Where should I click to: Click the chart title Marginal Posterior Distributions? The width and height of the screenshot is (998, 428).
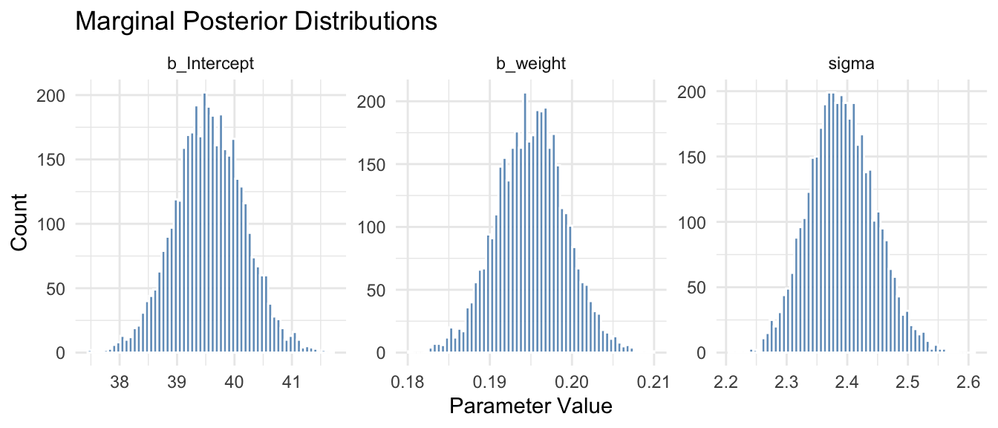[255, 22]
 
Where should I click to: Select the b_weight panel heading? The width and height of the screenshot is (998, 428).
[530, 64]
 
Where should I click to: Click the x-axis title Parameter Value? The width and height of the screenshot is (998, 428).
[531, 407]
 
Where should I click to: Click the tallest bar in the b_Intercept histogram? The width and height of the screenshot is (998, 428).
[205, 223]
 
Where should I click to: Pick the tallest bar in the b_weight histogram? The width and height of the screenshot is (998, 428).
[525, 223]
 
